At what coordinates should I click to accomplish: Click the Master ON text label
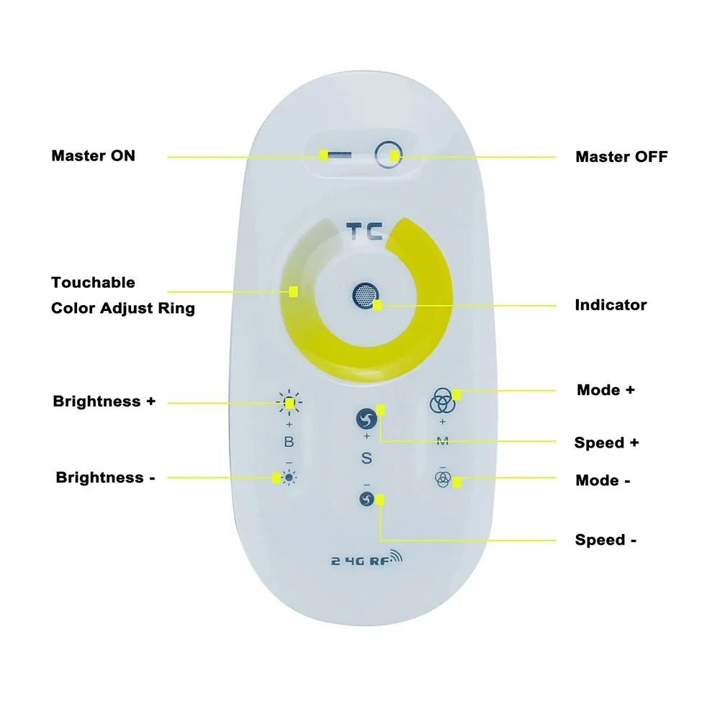pos(93,155)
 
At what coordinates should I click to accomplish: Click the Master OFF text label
pos(621,157)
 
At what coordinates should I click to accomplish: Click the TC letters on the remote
pos(364,231)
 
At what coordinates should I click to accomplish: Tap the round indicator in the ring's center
pos(366,295)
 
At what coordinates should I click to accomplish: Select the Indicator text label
pos(611,305)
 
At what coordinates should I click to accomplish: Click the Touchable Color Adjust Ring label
pos(123,295)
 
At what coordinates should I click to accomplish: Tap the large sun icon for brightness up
pos(289,402)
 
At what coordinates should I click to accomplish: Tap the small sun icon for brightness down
pos(289,478)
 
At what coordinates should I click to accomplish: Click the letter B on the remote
pos(289,442)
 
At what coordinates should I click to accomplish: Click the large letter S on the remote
pos(366,458)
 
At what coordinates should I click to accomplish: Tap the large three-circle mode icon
pos(442,400)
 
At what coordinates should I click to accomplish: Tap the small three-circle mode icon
pos(443,479)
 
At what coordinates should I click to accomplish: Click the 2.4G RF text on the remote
pos(366,559)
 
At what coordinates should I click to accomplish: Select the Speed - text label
pos(606,540)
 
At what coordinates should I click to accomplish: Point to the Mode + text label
pos(606,390)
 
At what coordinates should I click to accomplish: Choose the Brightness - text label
pos(105,477)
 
